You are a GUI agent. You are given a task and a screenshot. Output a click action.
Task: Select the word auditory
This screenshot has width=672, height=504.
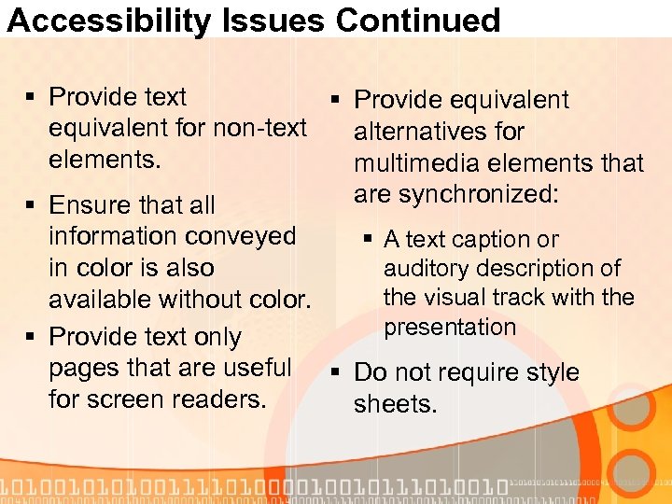tap(425, 269)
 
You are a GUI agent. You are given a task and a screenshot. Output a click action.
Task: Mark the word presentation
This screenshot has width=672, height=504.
tap(450, 328)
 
